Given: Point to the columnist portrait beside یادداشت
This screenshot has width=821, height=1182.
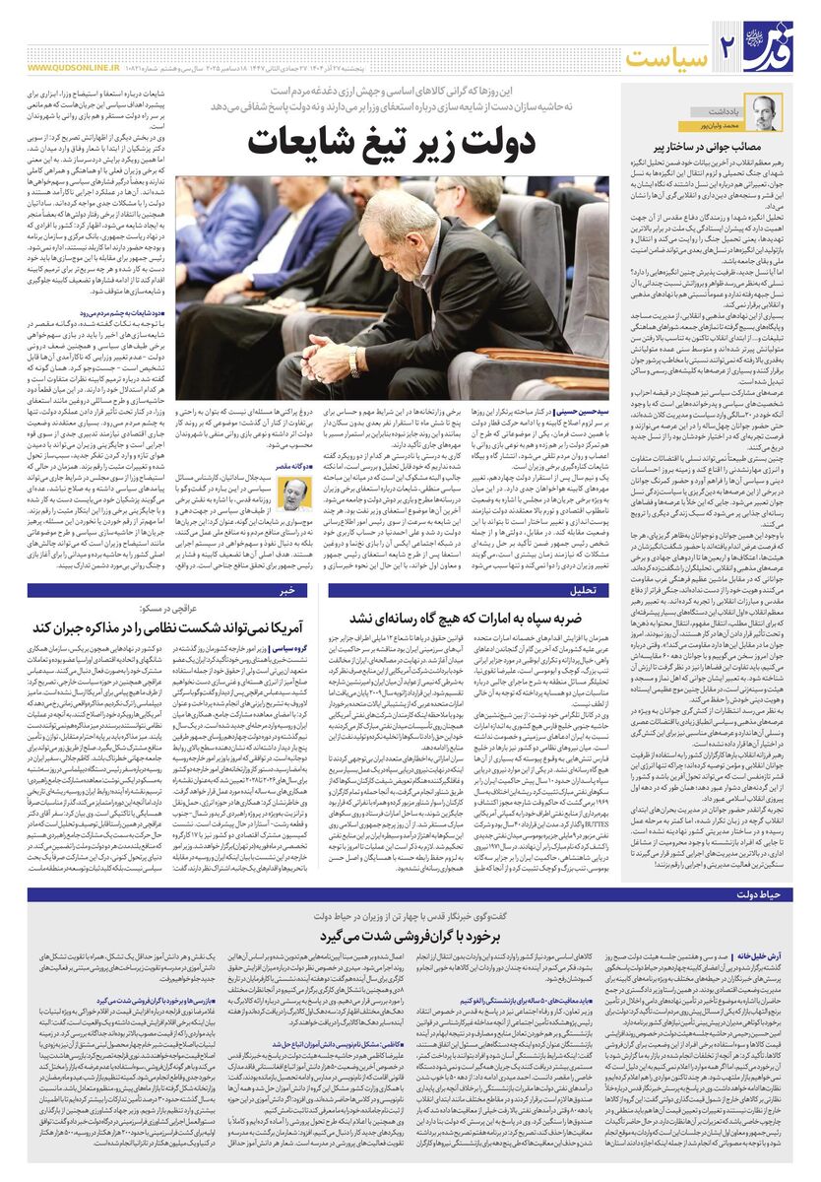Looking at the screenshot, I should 765,111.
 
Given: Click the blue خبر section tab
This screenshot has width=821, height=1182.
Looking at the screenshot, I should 287,591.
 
